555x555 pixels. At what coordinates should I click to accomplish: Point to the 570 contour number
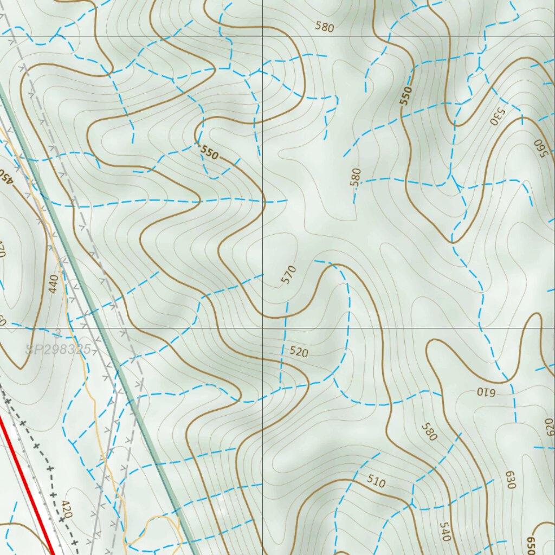click(x=289, y=274)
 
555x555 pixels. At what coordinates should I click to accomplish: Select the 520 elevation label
click(x=299, y=352)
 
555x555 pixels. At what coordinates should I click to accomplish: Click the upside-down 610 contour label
click(x=487, y=390)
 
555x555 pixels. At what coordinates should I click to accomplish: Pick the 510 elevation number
click(x=376, y=481)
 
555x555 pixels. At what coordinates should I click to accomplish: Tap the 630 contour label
click(x=510, y=480)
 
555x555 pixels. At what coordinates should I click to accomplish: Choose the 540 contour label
click(x=445, y=531)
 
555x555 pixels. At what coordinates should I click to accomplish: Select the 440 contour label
click(x=53, y=284)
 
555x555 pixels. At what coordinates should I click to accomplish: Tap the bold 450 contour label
click(x=4, y=176)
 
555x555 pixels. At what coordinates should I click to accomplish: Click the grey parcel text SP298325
click(x=58, y=350)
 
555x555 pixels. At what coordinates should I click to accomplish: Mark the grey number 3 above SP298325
click(x=58, y=332)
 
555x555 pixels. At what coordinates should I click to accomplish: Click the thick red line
click(x=27, y=488)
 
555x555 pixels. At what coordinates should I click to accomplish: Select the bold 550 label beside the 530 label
click(x=406, y=96)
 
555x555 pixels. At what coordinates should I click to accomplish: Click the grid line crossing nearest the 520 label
click(x=263, y=328)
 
